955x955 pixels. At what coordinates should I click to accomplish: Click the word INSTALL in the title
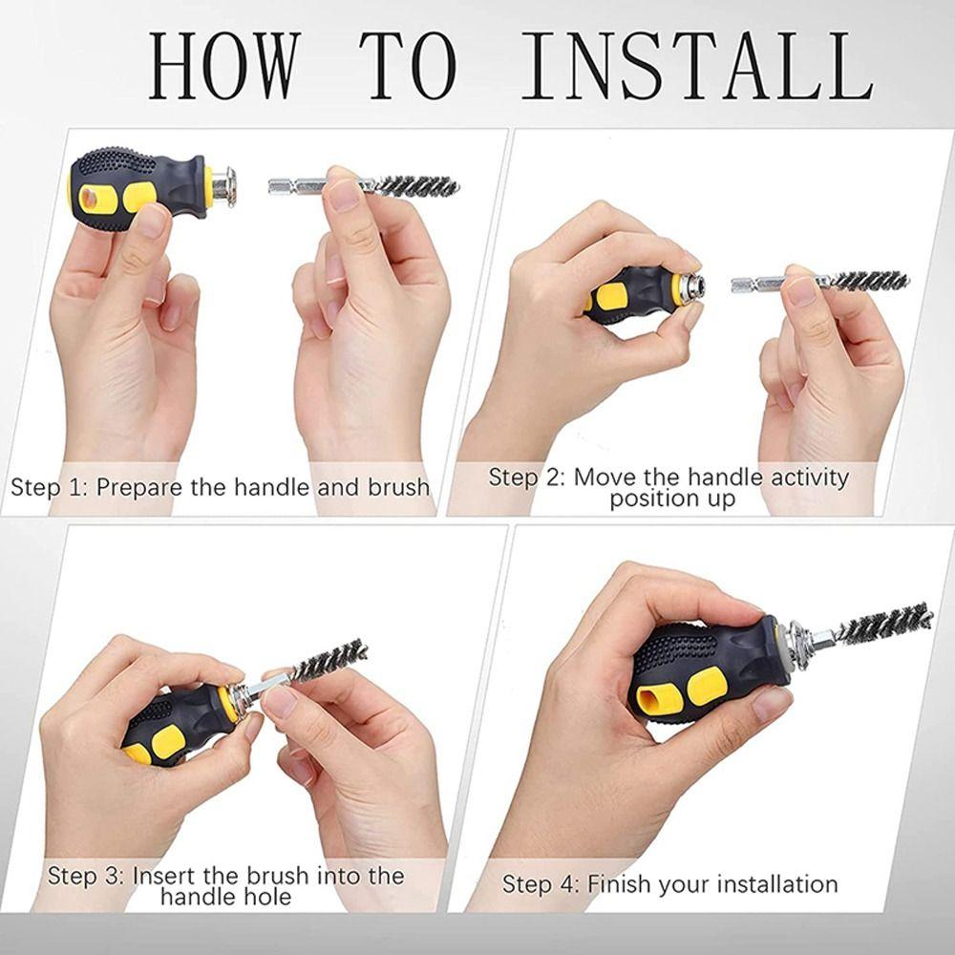coord(697,67)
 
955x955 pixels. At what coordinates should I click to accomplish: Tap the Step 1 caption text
coord(220,487)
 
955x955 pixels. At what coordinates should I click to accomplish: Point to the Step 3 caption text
coord(226,885)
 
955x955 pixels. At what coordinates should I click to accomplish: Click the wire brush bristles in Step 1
coord(415,184)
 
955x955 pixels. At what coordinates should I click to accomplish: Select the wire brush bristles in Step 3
coord(329,659)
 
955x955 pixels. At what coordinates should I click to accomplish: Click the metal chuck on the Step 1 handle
coord(223,183)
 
